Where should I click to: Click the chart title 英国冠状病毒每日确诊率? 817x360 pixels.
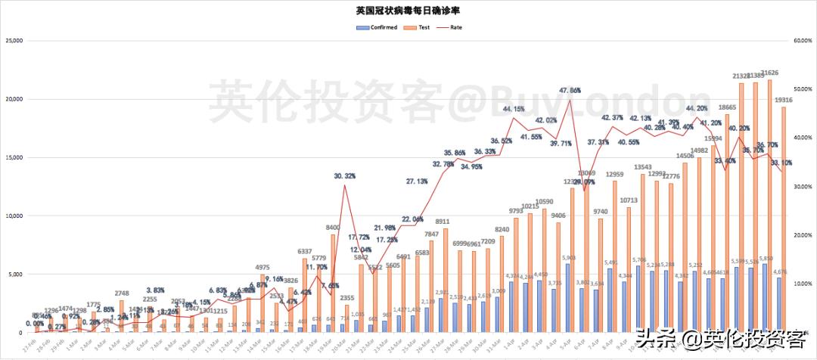click(408, 11)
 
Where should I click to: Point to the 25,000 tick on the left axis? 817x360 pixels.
click(14, 40)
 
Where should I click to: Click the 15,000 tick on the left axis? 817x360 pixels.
click(14, 157)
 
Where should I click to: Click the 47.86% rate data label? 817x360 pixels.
click(570, 90)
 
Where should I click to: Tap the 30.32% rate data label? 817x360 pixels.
click(345, 175)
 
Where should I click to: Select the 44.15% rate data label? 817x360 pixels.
click(514, 109)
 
